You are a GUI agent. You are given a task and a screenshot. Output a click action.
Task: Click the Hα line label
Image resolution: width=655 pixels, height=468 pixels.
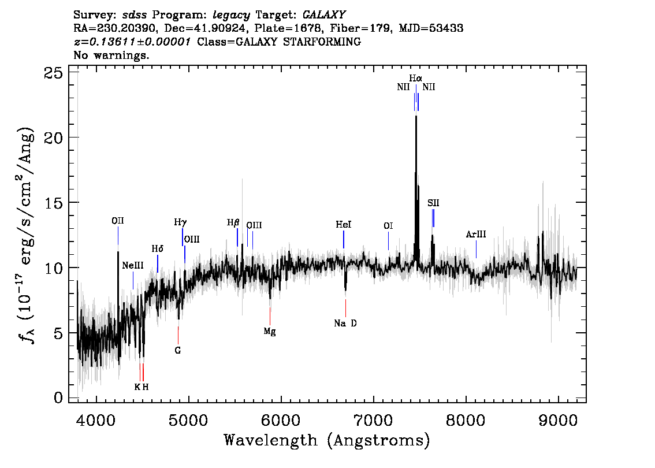point(416,78)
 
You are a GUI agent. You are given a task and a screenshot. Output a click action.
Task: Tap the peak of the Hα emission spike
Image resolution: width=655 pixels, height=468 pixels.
point(416,117)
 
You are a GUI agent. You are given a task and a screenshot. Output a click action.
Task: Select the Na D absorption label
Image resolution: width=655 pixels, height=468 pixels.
point(345,324)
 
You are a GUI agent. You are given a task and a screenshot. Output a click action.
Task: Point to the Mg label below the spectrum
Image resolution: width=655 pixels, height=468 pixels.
point(270,331)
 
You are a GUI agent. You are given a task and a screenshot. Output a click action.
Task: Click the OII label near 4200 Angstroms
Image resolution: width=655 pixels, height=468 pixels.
point(118,221)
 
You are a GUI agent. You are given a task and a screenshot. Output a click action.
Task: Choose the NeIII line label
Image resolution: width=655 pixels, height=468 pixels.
point(133,266)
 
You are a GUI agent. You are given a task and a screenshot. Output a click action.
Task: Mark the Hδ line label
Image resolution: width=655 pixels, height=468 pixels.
point(158,249)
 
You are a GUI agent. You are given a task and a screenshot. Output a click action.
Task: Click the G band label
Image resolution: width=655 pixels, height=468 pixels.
point(178,350)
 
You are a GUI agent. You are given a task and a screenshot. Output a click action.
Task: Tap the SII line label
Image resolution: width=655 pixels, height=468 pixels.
point(433,203)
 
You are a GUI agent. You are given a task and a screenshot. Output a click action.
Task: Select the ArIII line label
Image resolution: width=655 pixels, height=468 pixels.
point(476,235)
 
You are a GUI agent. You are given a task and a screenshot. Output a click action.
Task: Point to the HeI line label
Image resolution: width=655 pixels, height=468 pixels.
point(344,225)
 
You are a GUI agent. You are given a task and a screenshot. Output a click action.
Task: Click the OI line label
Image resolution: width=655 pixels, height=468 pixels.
point(388,226)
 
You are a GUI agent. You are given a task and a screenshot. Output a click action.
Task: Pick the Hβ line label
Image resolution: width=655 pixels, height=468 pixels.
point(233,222)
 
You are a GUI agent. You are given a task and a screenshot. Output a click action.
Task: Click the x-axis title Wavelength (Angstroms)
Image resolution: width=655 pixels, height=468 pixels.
point(327,441)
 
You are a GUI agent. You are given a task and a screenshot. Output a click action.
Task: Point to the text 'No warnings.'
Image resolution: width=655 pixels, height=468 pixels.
point(111,55)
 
